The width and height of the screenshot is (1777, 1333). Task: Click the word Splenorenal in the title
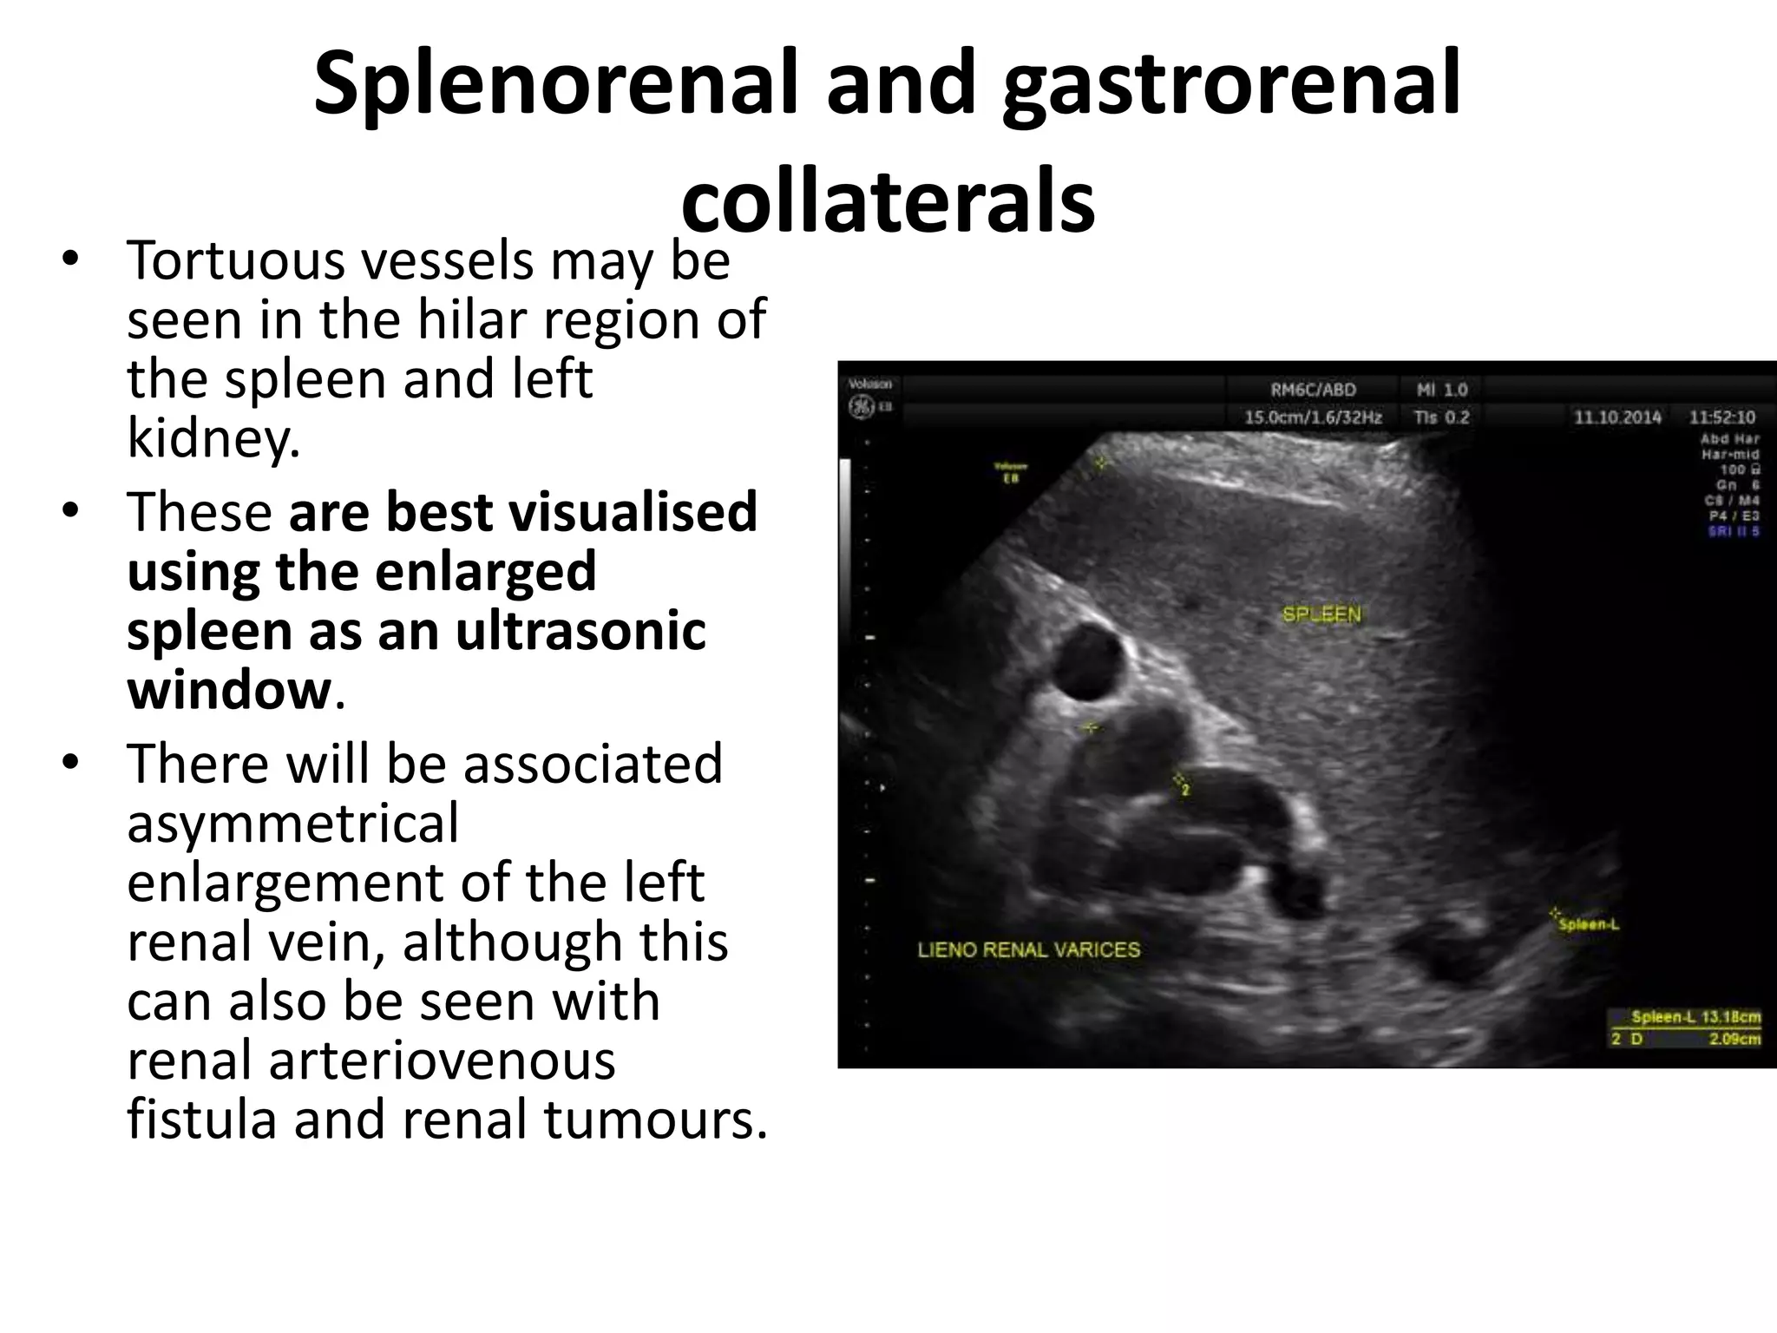[554, 84]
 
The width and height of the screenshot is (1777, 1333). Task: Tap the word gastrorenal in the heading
[1231, 84]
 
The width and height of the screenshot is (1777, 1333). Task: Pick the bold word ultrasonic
[580, 631]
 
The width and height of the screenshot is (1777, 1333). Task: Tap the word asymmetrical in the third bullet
[292, 823]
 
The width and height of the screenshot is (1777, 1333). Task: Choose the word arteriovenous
[371, 1060]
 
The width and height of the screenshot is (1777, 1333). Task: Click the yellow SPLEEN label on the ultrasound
[1322, 614]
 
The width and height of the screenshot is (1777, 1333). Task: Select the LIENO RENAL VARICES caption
[1028, 949]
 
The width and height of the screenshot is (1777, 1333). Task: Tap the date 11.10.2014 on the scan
[1617, 417]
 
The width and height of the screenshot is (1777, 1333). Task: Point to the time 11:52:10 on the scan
[1721, 417]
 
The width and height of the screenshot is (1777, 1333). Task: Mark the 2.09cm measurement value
[1734, 1039]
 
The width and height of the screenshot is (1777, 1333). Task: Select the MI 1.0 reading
[1442, 391]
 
